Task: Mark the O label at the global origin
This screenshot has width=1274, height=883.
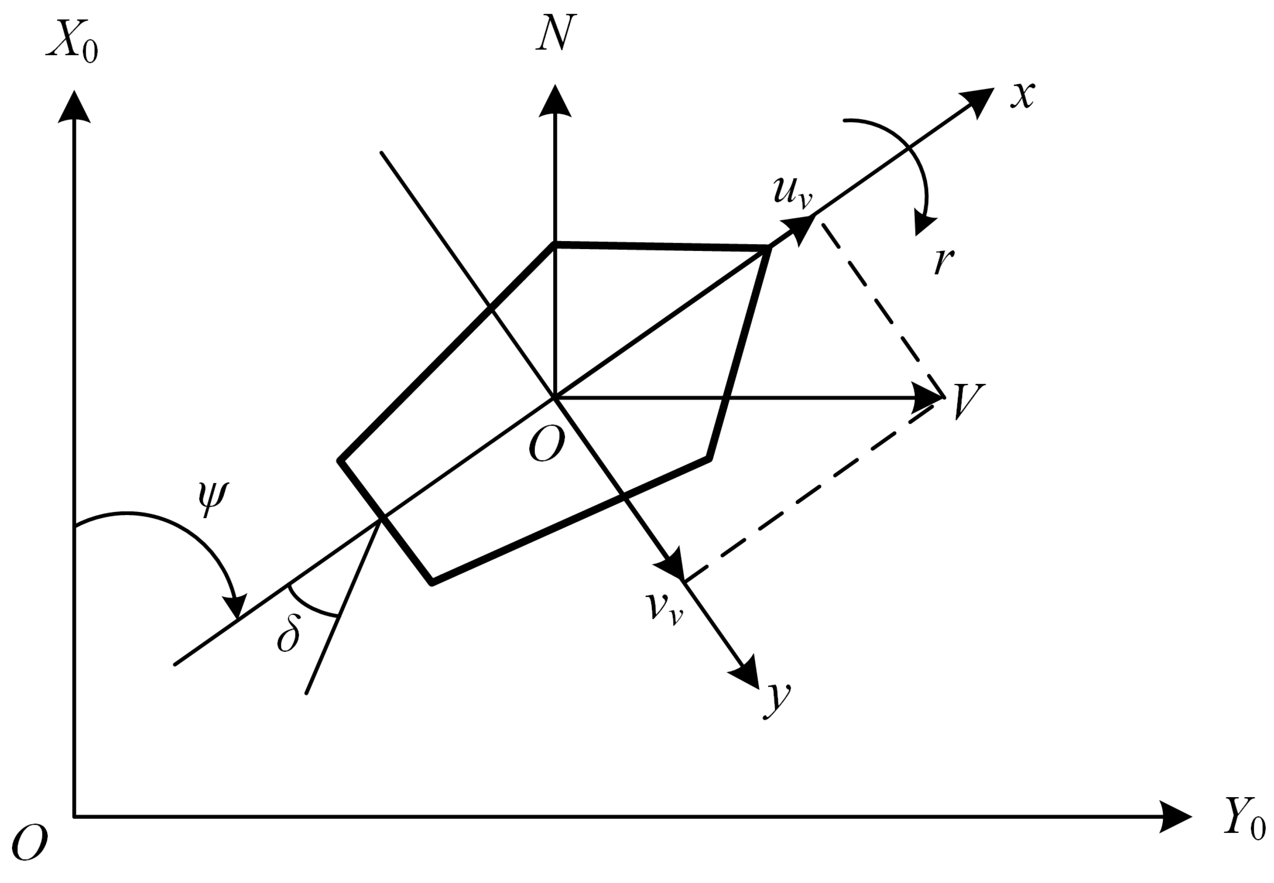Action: tap(29, 843)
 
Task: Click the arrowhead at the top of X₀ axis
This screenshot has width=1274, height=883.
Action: tap(74, 108)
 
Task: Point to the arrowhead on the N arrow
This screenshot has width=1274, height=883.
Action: tap(555, 102)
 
